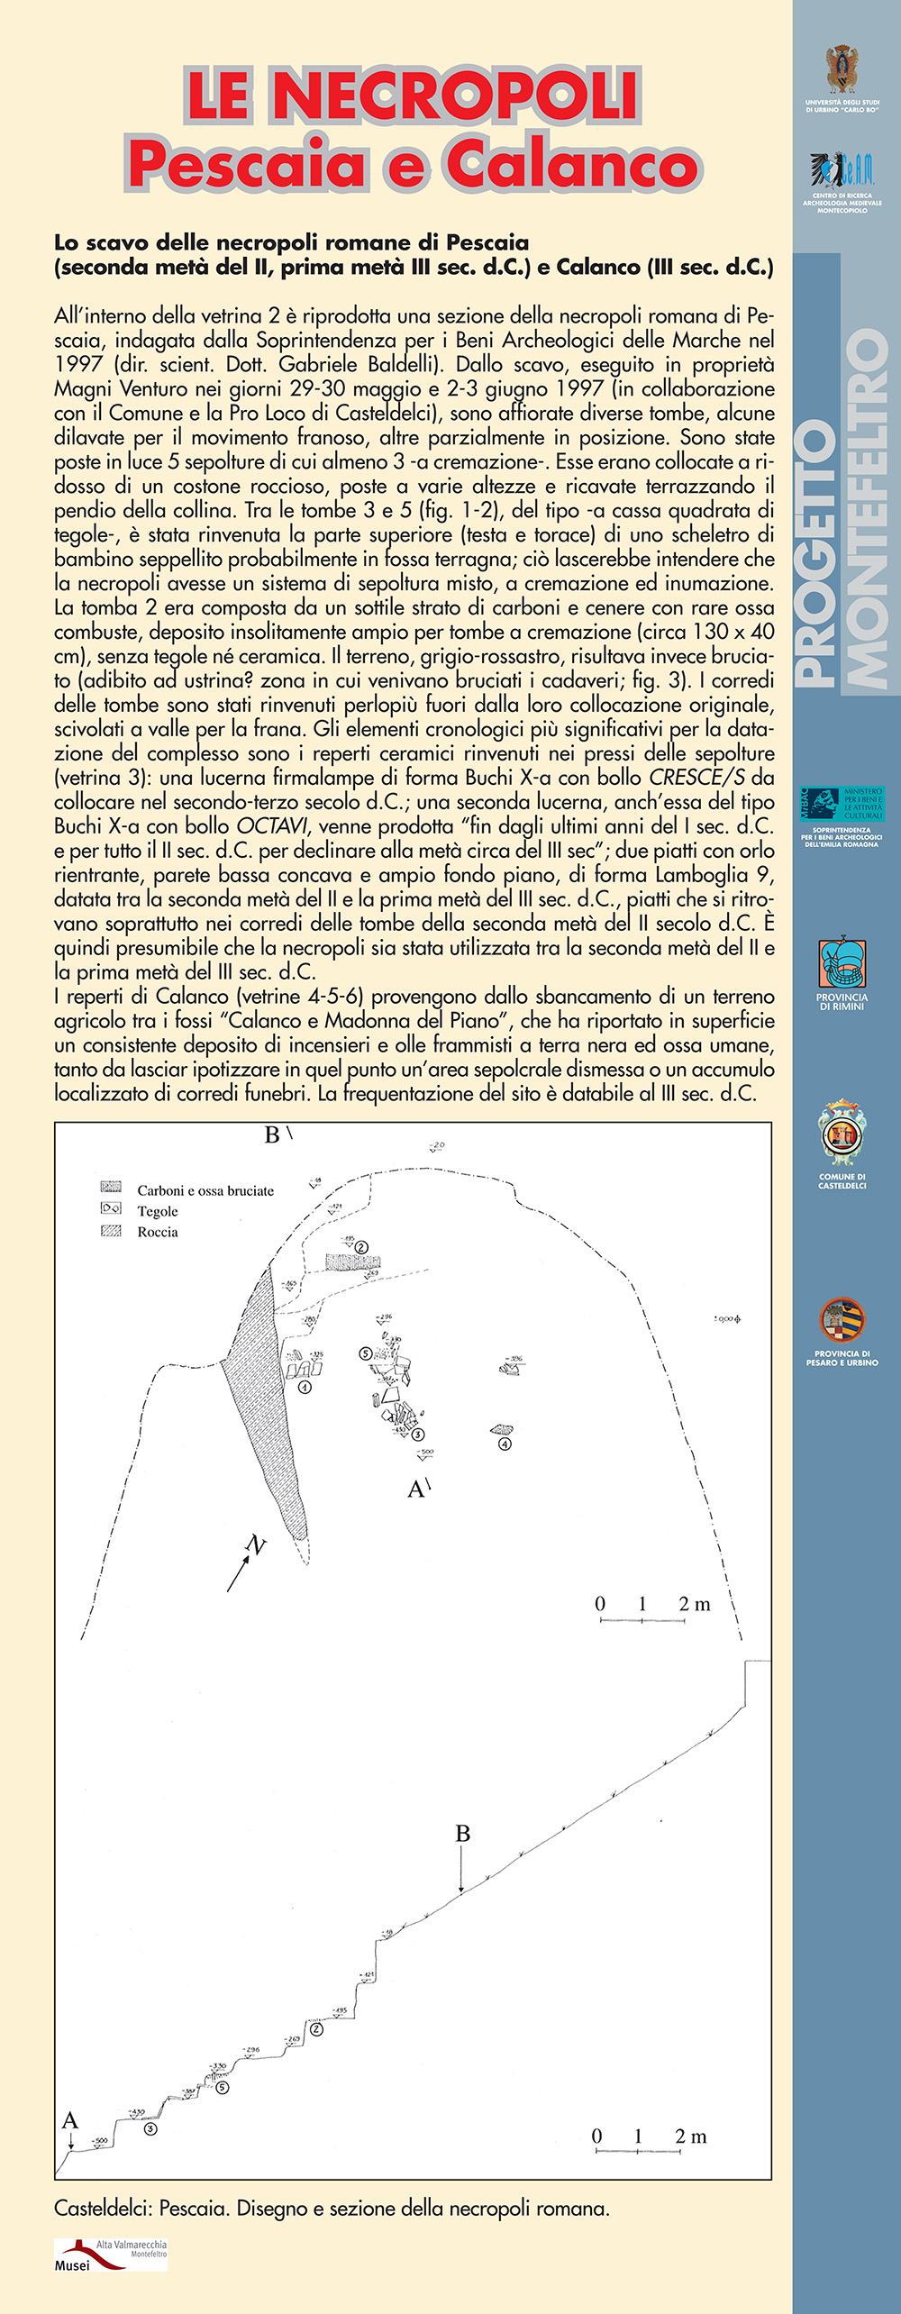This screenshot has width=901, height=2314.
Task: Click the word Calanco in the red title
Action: point(572,164)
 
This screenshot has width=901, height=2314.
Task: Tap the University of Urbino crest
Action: point(842,69)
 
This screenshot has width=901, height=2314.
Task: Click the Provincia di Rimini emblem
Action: point(842,963)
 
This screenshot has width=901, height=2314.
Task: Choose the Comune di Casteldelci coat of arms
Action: point(842,1134)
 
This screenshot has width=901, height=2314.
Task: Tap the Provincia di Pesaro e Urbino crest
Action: point(842,1319)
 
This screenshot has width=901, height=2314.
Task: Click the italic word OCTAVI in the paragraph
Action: point(271,826)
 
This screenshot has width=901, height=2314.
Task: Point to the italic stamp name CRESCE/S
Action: point(696,778)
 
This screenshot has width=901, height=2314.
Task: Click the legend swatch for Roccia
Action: point(111,1231)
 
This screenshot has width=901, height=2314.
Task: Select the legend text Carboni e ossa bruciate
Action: point(205,1190)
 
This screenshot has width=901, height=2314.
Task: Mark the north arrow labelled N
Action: point(244,1564)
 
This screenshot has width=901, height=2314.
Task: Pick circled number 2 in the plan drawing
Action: point(362,1247)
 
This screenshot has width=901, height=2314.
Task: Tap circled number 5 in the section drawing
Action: point(223,2087)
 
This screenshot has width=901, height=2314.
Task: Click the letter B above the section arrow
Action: point(462,1834)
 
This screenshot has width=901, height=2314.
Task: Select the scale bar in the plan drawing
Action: point(642,1619)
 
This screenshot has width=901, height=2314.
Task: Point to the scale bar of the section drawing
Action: point(638,2151)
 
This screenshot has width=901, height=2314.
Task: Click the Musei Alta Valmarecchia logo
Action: point(110,2255)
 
